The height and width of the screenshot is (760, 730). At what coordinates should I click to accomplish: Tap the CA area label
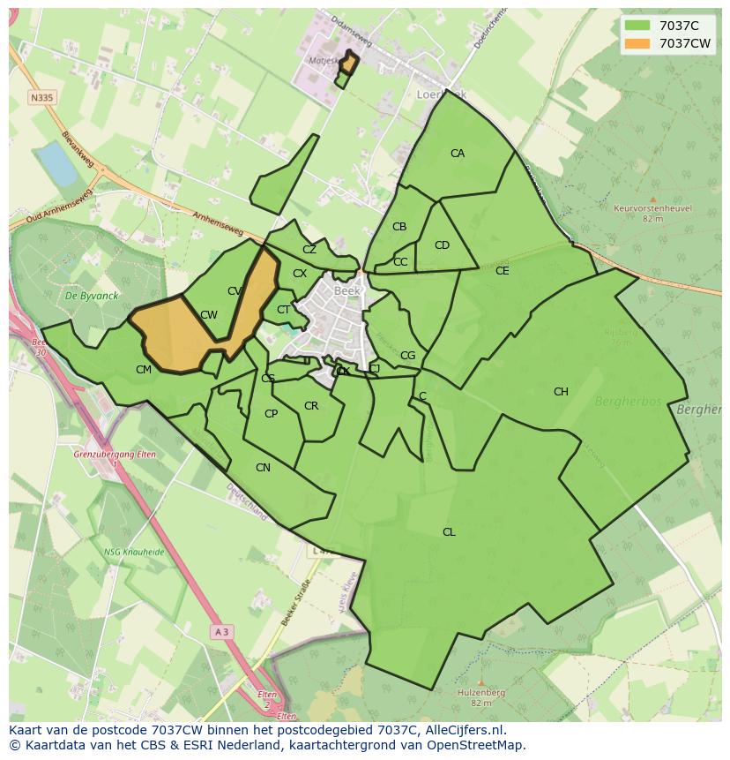coord(457,154)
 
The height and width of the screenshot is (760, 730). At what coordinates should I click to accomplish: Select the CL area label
coord(449,532)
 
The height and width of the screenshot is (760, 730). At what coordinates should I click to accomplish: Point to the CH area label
coord(561,392)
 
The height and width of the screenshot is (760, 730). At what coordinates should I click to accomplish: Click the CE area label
coord(502,271)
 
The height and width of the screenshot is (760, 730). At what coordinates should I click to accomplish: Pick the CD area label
coord(442,245)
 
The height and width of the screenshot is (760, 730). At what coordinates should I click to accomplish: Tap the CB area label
coord(399,227)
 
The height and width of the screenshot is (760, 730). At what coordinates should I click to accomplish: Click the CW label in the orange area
coord(209,315)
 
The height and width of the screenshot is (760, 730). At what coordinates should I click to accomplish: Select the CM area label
coord(144,370)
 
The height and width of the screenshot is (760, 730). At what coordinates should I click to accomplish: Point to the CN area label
coord(263,468)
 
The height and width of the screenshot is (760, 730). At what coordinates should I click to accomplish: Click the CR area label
coord(310,406)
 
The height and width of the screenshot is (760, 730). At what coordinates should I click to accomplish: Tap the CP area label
coord(271,414)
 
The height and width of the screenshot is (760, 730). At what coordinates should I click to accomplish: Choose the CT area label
coord(283,310)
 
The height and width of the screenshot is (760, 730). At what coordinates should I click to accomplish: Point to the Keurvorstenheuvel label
coord(652,208)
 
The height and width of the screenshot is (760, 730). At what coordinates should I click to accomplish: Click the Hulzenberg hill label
coord(481,693)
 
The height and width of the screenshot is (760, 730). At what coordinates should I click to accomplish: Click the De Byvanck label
coord(85,296)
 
